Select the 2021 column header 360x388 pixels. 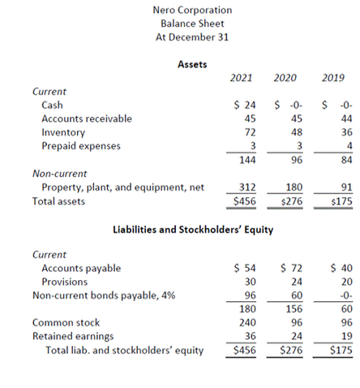click(x=241, y=78)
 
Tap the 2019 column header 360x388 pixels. click(x=333, y=78)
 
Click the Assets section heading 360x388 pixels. click(x=192, y=63)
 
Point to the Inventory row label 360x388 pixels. click(x=62, y=131)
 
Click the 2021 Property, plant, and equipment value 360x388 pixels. click(x=246, y=188)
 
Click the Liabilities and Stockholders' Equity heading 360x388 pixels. click(x=192, y=230)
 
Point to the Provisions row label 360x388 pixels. click(x=65, y=282)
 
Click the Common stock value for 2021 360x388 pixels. click(x=247, y=322)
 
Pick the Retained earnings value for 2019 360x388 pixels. click(x=344, y=335)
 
